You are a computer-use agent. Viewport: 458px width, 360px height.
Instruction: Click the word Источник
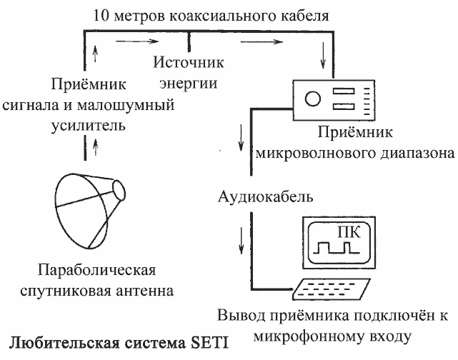pos(189,62)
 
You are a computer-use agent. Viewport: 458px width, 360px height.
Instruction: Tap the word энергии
pos(189,84)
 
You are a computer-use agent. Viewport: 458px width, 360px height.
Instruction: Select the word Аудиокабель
pos(266,197)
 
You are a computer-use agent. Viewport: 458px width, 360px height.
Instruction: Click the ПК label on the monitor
pos(349,232)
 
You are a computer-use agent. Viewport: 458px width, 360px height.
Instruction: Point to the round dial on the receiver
pos(313,99)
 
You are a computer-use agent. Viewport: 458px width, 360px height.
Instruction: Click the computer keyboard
pos(332,289)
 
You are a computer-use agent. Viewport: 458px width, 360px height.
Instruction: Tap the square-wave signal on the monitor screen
pos(337,248)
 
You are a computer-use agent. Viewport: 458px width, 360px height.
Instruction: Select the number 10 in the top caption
pos(100,16)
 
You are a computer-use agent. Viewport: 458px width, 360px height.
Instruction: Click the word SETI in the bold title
pos(209,343)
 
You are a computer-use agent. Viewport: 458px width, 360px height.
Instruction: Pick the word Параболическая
pos(96,271)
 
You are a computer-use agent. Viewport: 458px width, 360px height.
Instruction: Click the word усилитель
pos(89,126)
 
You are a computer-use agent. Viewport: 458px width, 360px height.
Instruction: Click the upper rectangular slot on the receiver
pos(344,91)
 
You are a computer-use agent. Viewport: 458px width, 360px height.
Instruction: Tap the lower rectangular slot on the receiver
pos(344,106)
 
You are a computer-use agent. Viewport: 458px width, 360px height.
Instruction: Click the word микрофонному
pos(309,336)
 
